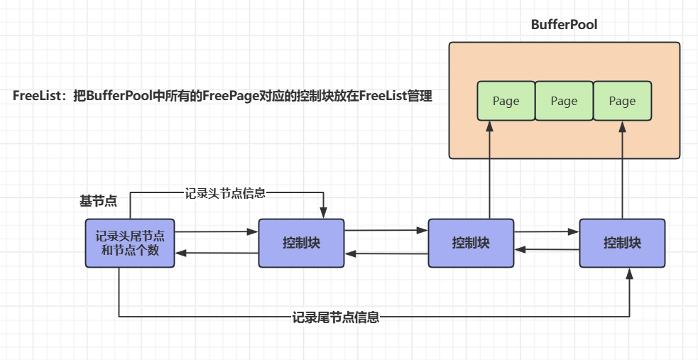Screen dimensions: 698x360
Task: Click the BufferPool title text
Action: click(x=564, y=24)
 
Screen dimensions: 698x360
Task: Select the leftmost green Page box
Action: click(x=506, y=101)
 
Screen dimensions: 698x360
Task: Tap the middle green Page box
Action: click(x=564, y=101)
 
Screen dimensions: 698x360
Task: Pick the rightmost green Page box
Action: click(x=622, y=101)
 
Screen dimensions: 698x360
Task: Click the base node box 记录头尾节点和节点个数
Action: click(x=130, y=243)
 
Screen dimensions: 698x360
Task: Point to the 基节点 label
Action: click(x=99, y=201)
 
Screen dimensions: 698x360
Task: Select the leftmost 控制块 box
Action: click(x=301, y=243)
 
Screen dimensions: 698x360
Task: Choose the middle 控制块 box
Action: click(x=471, y=243)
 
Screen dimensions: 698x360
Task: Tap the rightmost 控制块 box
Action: click(x=622, y=243)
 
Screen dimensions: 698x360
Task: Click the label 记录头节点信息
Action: click(x=225, y=193)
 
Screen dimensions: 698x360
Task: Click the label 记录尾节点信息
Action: click(x=336, y=317)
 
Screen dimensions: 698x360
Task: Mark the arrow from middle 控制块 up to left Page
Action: click(x=490, y=170)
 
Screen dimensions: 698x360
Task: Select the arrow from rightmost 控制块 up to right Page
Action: click(x=622, y=170)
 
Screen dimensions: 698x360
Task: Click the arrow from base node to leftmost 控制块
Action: click(x=217, y=232)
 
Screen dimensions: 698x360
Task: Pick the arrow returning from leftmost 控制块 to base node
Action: click(x=217, y=253)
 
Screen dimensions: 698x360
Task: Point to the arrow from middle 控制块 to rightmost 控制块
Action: click(x=547, y=232)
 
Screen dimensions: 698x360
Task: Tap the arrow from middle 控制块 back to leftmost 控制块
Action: click(x=386, y=253)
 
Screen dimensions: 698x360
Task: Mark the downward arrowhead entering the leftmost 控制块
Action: click(x=324, y=214)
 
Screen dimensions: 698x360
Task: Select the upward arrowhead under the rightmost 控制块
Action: click(x=629, y=273)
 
